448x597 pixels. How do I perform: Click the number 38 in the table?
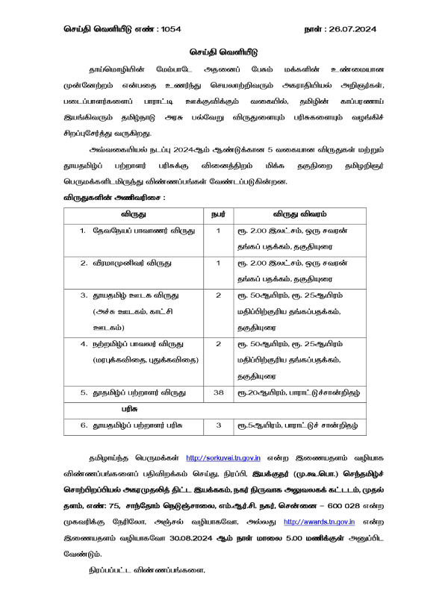[x=218, y=391]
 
